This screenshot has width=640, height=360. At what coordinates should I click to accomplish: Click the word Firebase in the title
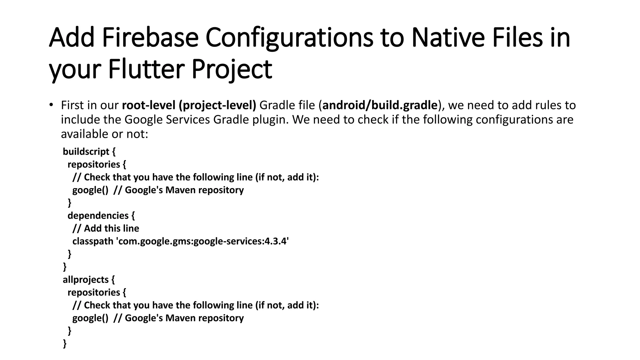(x=150, y=38)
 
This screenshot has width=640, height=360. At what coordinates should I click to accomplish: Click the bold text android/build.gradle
(x=380, y=105)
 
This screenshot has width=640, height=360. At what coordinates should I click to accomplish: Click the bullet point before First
(x=51, y=105)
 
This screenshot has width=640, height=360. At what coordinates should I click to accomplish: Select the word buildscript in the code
(x=86, y=152)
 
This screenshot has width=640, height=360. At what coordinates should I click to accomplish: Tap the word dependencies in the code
(x=98, y=216)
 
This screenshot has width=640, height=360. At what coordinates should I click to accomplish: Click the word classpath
(x=93, y=241)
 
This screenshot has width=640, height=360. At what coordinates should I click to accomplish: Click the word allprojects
(x=86, y=280)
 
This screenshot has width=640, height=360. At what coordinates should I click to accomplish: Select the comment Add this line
(x=111, y=228)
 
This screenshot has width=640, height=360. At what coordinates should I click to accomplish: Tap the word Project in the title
(x=232, y=69)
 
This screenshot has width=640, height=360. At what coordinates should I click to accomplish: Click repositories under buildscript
(x=94, y=164)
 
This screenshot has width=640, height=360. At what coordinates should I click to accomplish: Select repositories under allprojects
(x=94, y=292)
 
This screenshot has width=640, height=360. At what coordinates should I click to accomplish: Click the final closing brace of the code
(x=65, y=343)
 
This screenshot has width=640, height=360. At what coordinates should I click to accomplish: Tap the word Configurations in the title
(x=289, y=38)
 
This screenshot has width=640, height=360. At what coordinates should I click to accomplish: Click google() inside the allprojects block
(x=90, y=318)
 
